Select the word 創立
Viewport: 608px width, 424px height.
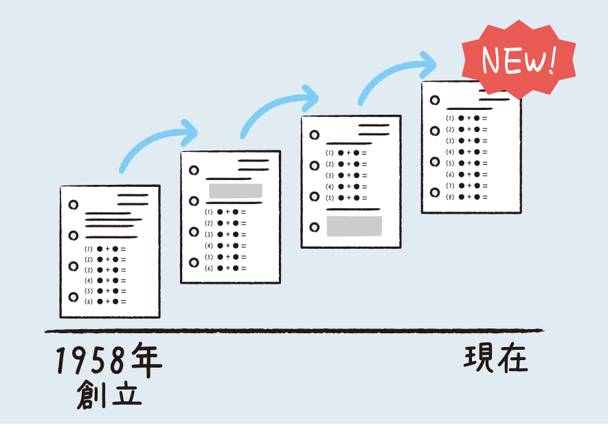[x=109, y=395]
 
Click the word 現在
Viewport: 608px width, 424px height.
[x=496, y=359]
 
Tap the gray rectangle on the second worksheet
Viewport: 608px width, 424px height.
[x=236, y=190]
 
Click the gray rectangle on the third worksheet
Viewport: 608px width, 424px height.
[x=354, y=226]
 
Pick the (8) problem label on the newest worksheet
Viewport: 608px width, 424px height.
[x=451, y=197]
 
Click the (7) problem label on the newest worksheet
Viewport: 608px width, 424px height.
[x=451, y=186]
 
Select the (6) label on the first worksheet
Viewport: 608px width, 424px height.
[x=89, y=302]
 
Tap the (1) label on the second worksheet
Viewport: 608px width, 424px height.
[x=209, y=212]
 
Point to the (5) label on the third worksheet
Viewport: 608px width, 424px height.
[x=330, y=198]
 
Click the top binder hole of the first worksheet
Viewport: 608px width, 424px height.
[x=74, y=205]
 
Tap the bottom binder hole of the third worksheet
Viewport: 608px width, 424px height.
[x=315, y=227]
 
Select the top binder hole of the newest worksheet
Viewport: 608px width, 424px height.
[x=435, y=100]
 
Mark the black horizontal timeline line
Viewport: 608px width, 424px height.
[x=295, y=331]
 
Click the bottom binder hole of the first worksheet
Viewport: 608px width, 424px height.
[x=74, y=297]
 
